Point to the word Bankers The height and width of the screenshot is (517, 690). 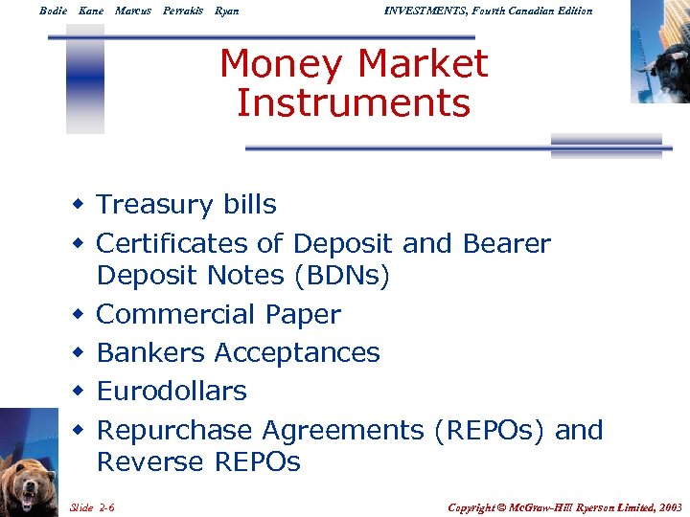click(x=151, y=353)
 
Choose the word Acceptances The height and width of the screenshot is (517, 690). click(x=297, y=353)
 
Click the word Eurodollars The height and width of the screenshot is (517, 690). click(x=172, y=392)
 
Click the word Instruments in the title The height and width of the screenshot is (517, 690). click(x=353, y=102)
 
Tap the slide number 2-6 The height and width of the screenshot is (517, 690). click(x=105, y=506)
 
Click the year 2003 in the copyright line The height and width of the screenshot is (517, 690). click(x=670, y=506)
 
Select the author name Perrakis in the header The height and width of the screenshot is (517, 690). click(x=182, y=11)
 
